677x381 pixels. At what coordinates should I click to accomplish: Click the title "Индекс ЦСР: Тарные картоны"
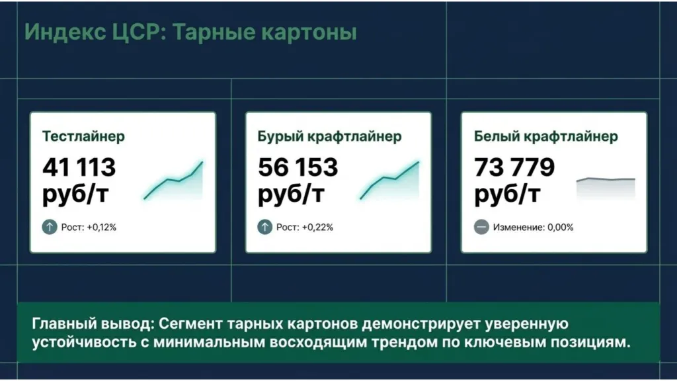[190, 32]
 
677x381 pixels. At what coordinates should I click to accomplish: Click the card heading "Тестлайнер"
[83, 137]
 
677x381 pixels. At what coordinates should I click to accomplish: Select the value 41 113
[79, 167]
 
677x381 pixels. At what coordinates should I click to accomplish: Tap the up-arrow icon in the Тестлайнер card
[50, 227]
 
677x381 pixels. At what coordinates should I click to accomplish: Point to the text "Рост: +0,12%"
[89, 228]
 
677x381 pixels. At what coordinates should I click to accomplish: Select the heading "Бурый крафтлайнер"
[329, 137]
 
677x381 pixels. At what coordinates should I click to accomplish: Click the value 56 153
[298, 167]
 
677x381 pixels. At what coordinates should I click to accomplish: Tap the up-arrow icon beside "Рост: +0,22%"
[265, 227]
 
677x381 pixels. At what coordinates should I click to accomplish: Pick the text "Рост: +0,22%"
[305, 228]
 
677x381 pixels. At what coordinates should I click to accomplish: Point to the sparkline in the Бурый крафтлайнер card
[390, 183]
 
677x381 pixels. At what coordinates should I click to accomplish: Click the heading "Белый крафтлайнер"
[546, 137]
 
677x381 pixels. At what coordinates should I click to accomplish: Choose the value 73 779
[514, 167]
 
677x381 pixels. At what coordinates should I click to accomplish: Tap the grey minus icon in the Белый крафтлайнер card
[481, 227]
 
